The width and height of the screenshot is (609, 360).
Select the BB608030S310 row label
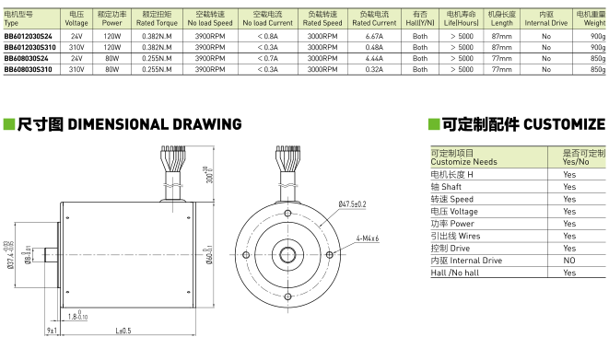coord(28,69)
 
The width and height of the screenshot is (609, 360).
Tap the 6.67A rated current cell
coord(373,34)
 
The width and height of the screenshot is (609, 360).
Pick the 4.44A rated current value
coord(373,58)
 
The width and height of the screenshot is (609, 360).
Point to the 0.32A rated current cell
coord(373,69)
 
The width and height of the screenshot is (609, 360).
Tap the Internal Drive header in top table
coord(545,20)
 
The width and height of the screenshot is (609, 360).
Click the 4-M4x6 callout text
coord(368,238)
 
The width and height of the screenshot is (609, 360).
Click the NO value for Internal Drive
coord(568,261)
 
